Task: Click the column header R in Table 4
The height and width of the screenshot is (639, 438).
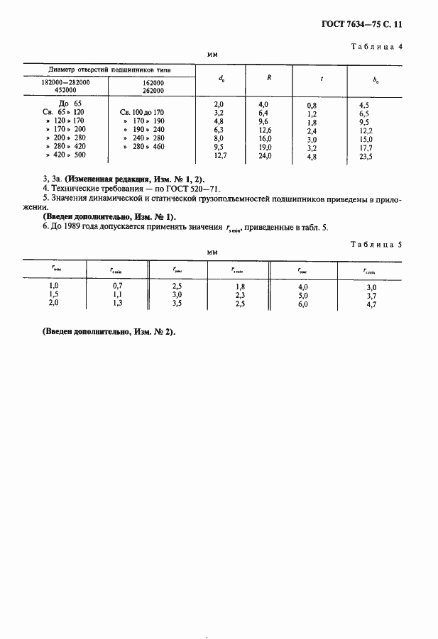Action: pyautogui.click(x=268, y=77)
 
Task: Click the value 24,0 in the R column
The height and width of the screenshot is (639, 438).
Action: pyautogui.click(x=265, y=155)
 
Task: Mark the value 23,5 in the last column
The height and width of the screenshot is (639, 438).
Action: pyautogui.click(x=367, y=157)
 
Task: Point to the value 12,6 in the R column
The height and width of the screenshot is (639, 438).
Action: pyautogui.click(x=265, y=130)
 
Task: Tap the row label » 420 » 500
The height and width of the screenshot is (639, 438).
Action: pyautogui.click(x=65, y=154)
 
